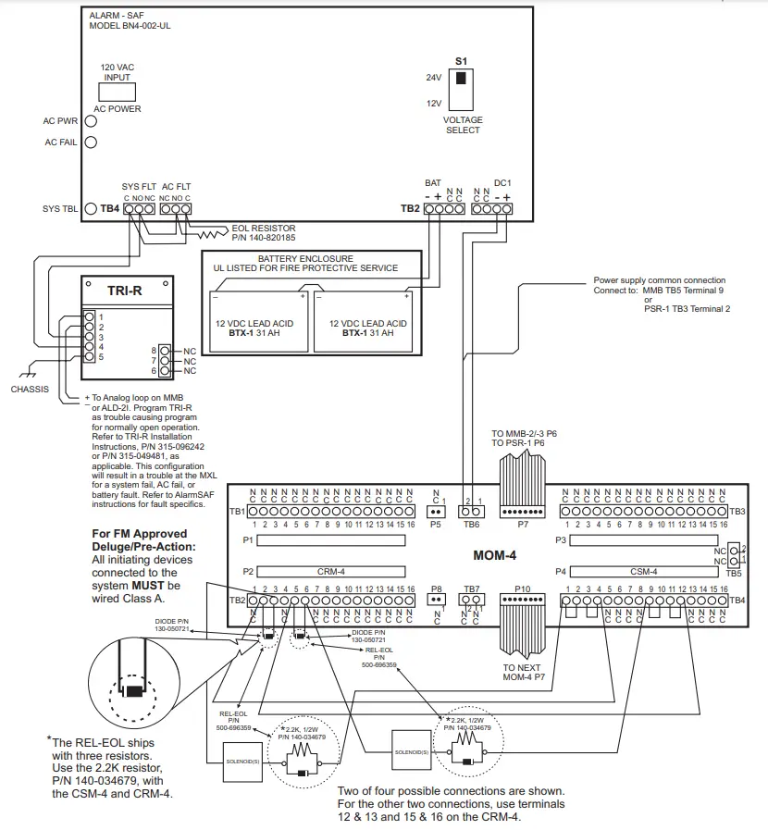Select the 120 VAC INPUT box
118,90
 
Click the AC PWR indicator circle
92,120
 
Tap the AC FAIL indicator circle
92,142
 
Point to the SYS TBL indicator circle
92,209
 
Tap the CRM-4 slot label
330,572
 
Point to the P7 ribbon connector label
523,524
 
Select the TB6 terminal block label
472,524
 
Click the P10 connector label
523,588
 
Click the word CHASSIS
30,390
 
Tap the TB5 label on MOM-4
735,574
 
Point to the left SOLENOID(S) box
240,762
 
